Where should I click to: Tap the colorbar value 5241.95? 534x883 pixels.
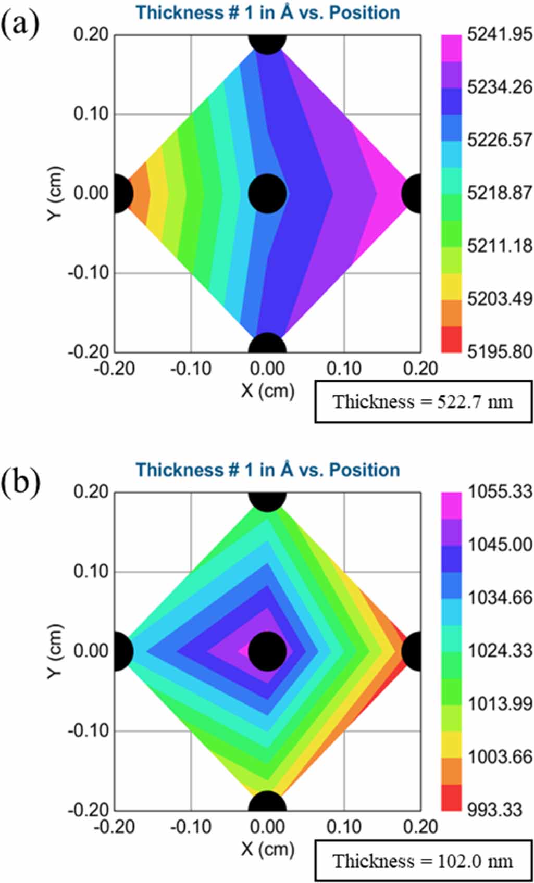click(x=500, y=34)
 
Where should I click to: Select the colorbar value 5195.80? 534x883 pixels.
click(x=500, y=351)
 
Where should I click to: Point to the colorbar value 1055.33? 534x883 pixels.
click(x=500, y=491)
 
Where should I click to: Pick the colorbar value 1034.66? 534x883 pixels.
click(x=500, y=597)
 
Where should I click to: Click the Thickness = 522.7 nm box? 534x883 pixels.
click(x=423, y=401)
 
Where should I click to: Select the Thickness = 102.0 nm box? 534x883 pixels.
click(x=423, y=861)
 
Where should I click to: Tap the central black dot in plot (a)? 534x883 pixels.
click(x=267, y=193)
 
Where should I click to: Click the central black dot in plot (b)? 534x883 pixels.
click(x=267, y=651)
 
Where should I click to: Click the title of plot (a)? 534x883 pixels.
click(x=268, y=12)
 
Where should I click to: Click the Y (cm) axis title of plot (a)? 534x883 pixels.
click(x=55, y=193)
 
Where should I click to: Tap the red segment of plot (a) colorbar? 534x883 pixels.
click(x=451, y=339)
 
